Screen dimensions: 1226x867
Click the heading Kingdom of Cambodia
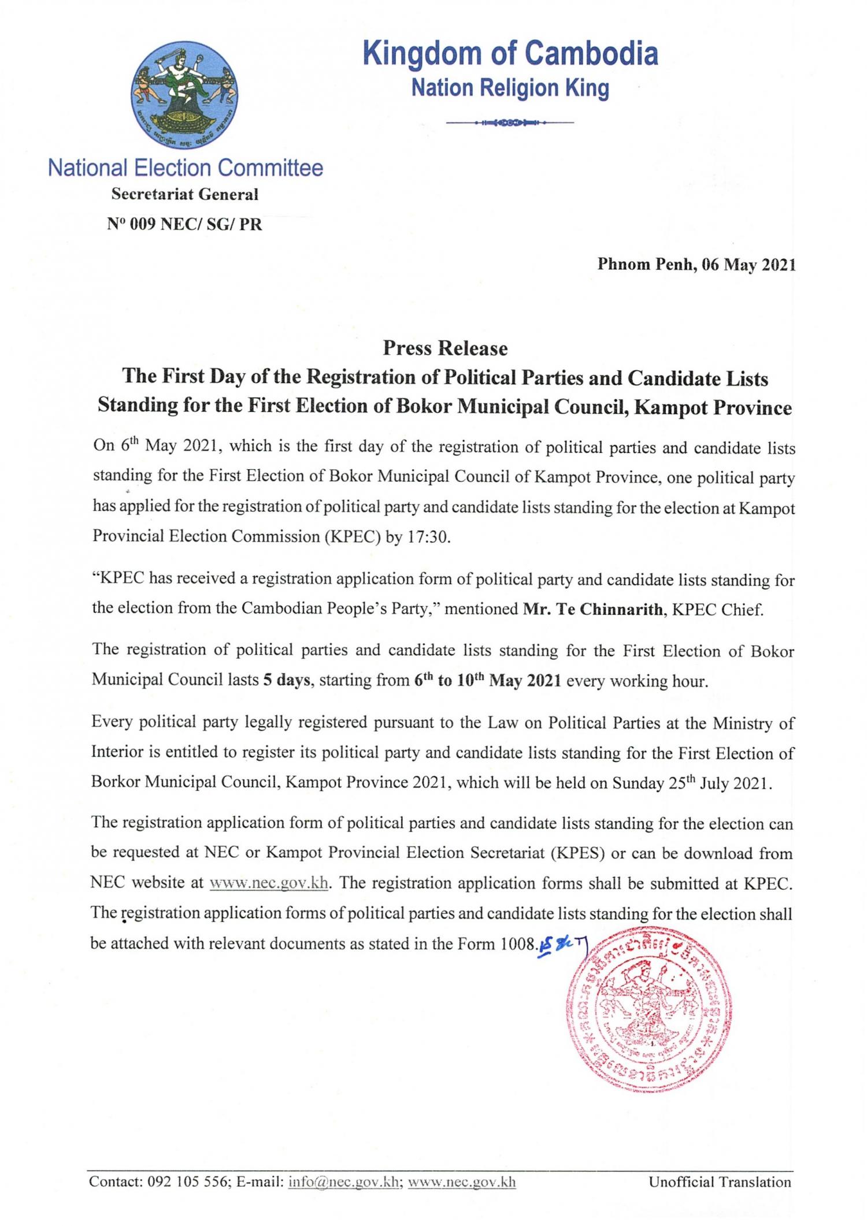[510, 54]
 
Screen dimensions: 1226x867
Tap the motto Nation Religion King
[510, 88]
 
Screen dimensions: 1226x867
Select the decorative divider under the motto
[510, 123]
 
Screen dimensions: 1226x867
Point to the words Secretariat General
[185, 195]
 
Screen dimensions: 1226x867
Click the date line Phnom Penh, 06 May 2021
[696, 265]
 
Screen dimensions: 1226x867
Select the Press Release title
[445, 348]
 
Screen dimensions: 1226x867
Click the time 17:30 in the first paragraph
[428, 536]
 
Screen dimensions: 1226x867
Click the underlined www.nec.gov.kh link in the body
[269, 883]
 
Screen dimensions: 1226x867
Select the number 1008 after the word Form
[515, 943]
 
